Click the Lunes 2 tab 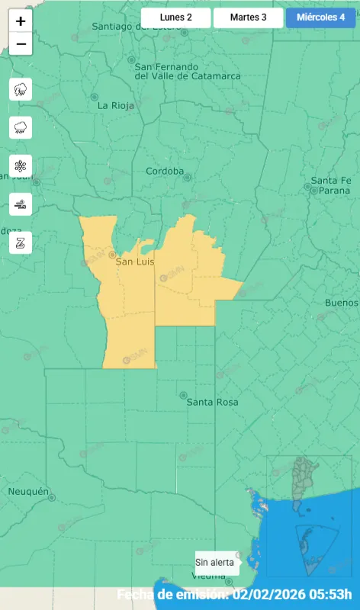click(175, 18)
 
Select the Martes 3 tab click(248, 18)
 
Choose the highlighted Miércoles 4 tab click(320, 18)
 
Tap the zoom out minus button click(21, 44)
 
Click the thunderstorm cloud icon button click(21, 90)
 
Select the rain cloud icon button click(21, 127)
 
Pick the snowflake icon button click(21, 165)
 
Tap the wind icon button click(21, 204)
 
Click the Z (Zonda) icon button click(21, 242)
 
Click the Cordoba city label click(165, 172)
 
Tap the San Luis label click(134, 262)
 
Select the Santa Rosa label click(212, 402)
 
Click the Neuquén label click(28, 491)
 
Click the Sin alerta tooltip click(215, 563)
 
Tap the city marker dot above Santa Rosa click(183, 395)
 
